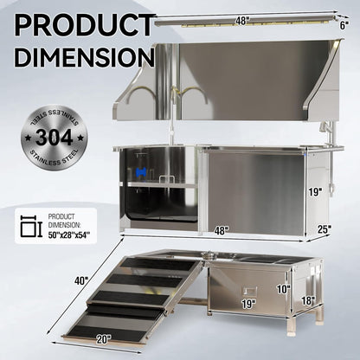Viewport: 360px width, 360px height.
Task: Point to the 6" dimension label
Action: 344,25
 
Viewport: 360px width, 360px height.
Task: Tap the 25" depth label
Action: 324,228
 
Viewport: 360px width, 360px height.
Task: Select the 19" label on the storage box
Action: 247,304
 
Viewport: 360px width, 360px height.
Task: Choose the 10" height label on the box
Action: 282,288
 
